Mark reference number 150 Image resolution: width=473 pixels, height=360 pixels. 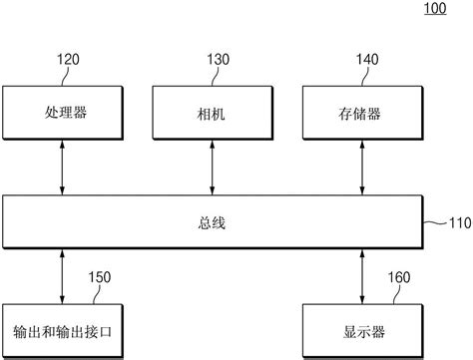pyautogui.click(x=100, y=277)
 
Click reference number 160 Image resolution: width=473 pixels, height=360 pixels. pyautogui.click(x=398, y=277)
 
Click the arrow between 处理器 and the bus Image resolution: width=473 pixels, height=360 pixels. pyautogui.click(x=63, y=169)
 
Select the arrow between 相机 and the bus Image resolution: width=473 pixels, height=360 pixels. pyautogui.click(x=211, y=169)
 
